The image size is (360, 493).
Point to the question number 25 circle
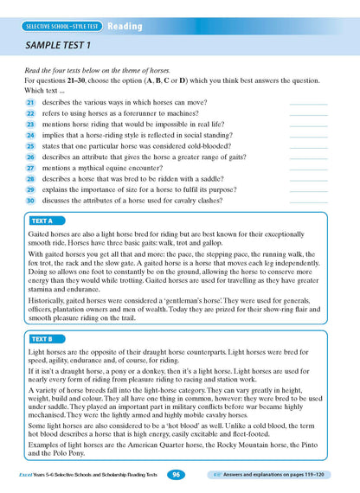pos(29,146)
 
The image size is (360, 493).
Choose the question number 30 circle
pos(29,200)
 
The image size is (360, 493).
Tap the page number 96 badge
pos(176,474)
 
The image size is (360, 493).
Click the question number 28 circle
pos(29,178)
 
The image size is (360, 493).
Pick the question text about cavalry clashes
pos(130,200)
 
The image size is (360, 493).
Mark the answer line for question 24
pos(309,138)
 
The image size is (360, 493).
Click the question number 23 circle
pos(29,125)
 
